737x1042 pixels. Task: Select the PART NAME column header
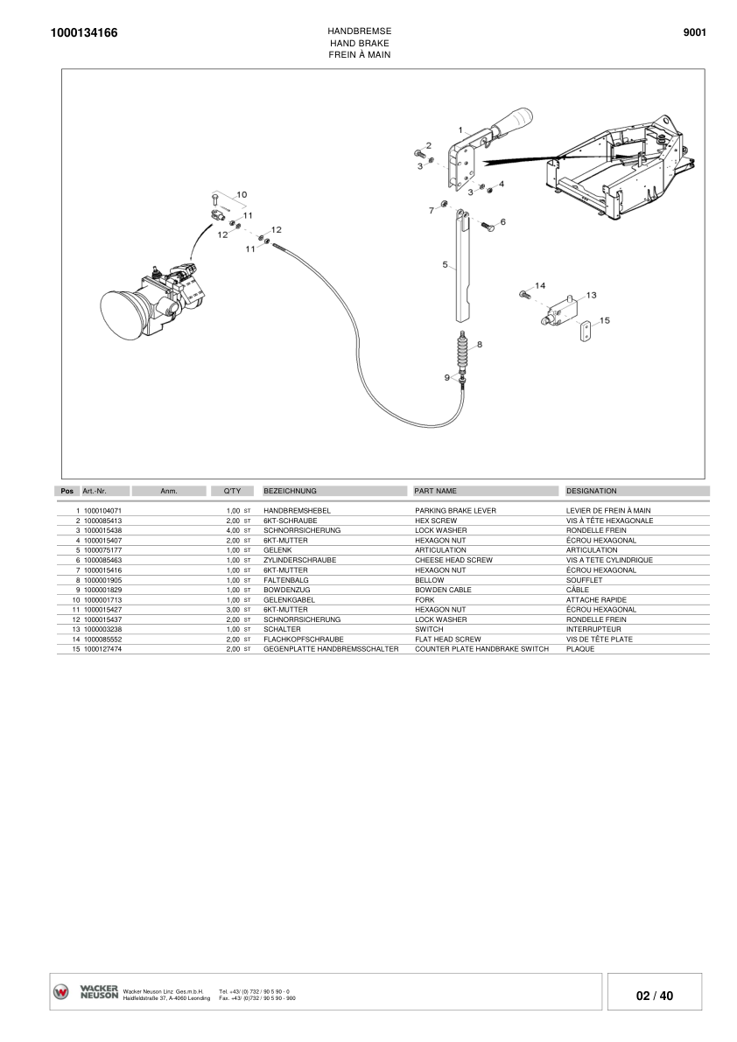pos(435,491)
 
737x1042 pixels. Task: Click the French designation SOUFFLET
pos(584,580)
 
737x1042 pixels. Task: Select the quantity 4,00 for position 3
pos(233,530)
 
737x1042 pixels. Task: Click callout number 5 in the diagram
pos(445,263)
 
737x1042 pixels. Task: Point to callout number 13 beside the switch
pos(591,295)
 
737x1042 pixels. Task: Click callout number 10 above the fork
pos(242,193)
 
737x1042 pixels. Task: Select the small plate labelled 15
pos(586,331)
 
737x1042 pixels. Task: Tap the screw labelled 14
pos(523,295)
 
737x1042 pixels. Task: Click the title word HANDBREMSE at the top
pos(359,31)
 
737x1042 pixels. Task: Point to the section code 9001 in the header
pos(694,33)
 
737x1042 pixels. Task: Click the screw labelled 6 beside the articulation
pos(488,227)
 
